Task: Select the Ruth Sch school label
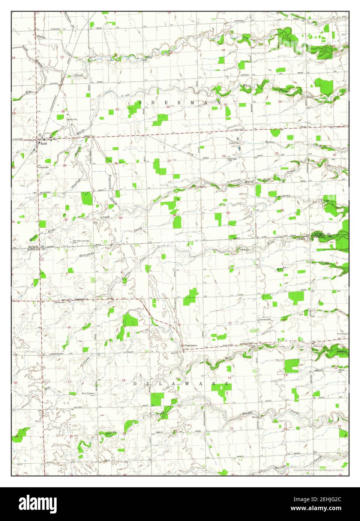click(x=45, y=168)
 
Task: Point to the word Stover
click(x=270, y=142)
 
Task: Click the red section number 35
click(x=228, y=213)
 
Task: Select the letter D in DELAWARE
click(x=136, y=384)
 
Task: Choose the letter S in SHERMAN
click(x=141, y=102)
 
